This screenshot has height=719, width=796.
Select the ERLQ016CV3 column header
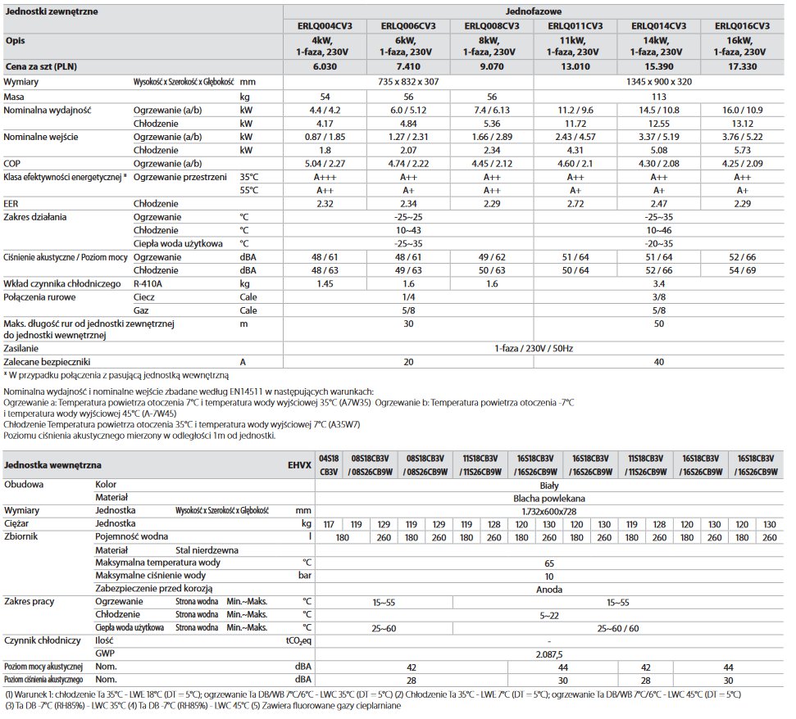743,25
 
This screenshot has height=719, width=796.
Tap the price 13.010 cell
575,66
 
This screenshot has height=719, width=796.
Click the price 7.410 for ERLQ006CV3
408,66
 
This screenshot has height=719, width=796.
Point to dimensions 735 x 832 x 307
408,82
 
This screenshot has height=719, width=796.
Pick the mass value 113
659,97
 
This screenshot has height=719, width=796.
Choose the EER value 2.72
575,203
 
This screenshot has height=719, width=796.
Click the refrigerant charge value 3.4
659,283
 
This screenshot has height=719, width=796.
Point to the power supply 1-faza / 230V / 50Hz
534,348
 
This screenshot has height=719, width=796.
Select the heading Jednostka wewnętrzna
44,465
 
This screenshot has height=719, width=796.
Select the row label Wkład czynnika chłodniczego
61,283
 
